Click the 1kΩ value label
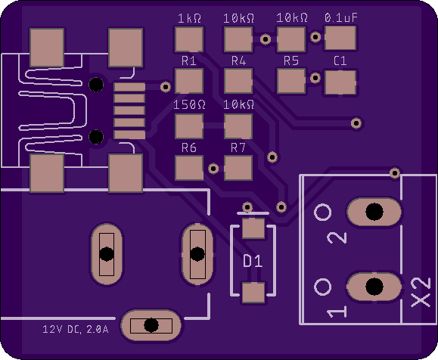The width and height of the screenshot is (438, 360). pos(189,18)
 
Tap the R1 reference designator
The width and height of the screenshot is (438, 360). pos(189,61)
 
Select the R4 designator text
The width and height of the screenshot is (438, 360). pos(238,61)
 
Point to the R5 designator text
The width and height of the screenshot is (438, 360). pos(291,61)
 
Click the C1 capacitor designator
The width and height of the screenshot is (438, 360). pos(340,61)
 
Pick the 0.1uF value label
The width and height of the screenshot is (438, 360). pos(340,18)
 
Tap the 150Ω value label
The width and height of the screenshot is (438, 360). pos(189,104)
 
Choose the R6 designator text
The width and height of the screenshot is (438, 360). pos(189,147)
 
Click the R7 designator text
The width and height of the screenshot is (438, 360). pos(238,147)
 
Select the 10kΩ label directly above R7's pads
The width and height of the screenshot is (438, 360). pos(238,104)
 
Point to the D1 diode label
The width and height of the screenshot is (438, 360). pos(253,261)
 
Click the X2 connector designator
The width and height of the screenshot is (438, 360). pos(421,292)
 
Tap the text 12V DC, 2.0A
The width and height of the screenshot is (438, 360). pos(76,329)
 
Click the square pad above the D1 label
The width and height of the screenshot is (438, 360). pos(253,228)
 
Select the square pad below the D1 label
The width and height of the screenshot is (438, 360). pos(253,293)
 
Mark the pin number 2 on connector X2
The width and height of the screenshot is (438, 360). pos(337,237)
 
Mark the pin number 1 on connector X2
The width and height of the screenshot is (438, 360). pos(337,312)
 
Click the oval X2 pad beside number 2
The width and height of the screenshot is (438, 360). pos(374,212)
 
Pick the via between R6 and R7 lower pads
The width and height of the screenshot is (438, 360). pos(213,169)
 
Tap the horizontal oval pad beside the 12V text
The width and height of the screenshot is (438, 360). pos(151,325)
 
